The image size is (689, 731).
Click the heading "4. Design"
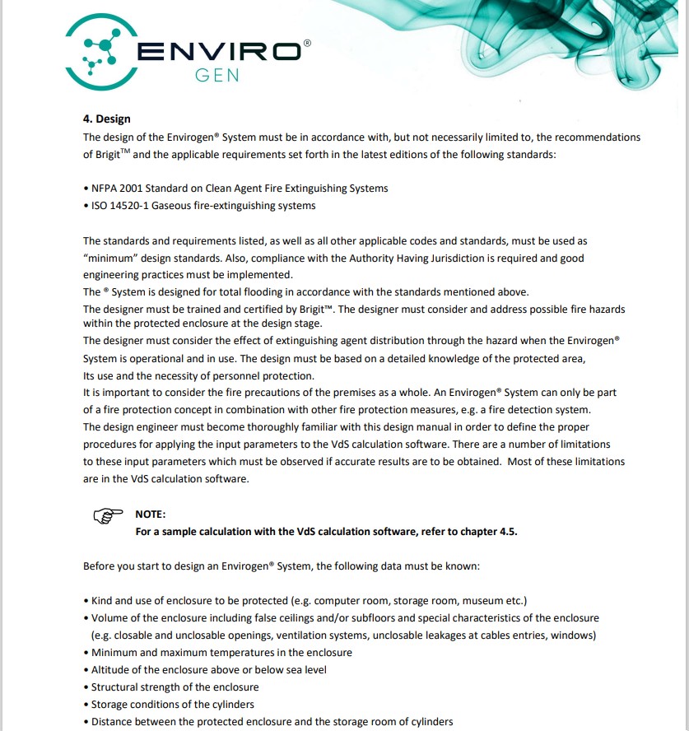[106, 119]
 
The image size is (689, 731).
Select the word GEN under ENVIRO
[217, 76]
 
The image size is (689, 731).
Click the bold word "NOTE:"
[151, 514]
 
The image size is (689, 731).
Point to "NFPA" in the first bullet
[105, 189]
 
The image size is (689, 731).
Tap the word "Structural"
[115, 687]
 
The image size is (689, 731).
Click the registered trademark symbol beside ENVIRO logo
[307, 41]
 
